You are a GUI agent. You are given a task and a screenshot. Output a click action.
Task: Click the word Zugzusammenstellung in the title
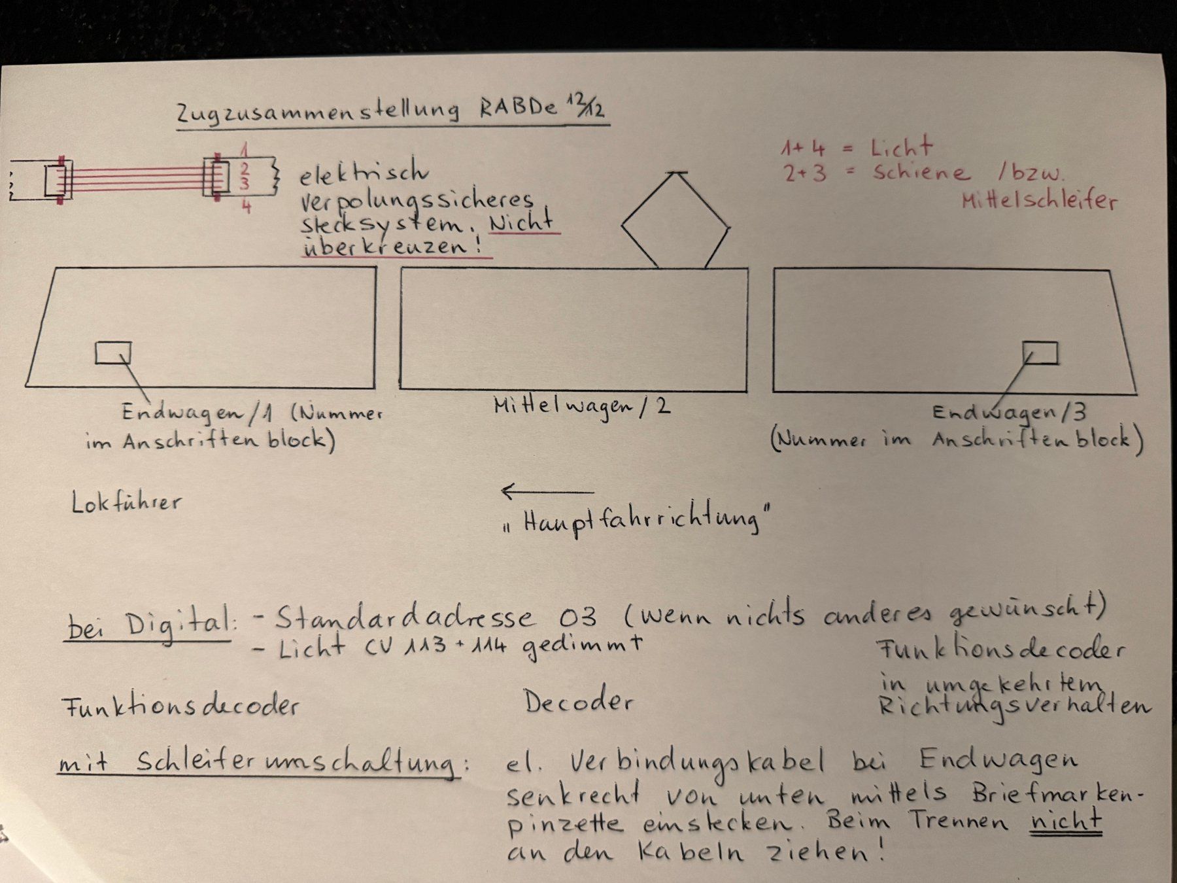click(318, 112)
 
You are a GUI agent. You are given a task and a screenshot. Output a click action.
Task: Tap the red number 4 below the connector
click(246, 207)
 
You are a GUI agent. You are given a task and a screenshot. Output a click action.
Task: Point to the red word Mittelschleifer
click(1040, 199)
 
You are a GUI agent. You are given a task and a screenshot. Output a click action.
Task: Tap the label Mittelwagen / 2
click(582, 407)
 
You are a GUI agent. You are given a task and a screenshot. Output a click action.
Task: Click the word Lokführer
click(126, 502)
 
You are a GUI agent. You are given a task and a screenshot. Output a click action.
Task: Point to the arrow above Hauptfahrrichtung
click(547, 491)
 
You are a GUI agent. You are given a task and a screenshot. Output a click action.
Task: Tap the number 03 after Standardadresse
click(578, 616)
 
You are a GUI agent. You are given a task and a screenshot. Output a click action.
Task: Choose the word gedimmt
click(582, 647)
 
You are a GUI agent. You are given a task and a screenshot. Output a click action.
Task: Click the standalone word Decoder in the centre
click(578, 701)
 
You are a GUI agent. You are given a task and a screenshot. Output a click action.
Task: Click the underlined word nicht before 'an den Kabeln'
click(1066, 820)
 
